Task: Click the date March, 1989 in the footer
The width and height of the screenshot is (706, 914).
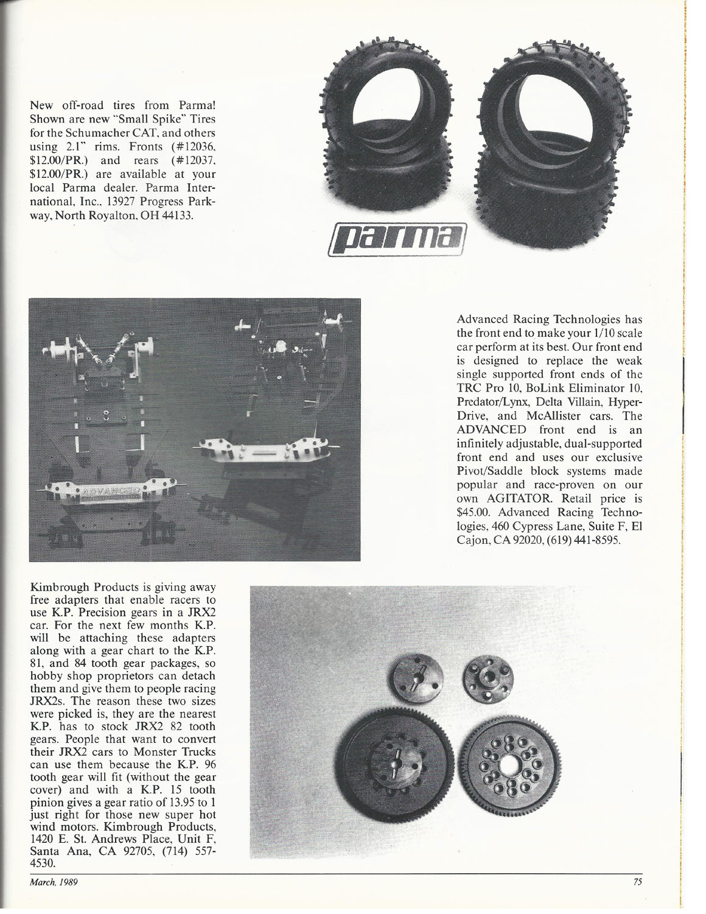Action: (55, 882)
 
